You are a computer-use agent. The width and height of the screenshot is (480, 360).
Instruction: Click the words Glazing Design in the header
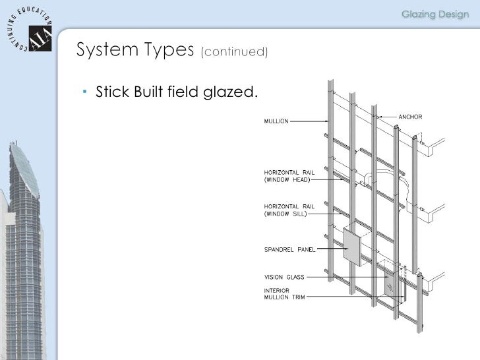point(435,15)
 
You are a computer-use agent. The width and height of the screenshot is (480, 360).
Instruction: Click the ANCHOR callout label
point(410,117)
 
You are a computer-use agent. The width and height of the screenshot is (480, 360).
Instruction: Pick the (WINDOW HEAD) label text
point(287,179)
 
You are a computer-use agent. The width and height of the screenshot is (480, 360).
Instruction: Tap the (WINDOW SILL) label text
point(286,214)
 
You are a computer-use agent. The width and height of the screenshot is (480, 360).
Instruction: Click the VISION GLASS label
point(285,278)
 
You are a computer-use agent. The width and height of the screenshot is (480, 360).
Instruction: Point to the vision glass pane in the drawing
point(394,284)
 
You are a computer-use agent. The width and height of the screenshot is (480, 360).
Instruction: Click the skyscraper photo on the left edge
point(23,251)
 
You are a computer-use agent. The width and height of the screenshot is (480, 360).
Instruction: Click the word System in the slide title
point(102,50)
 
